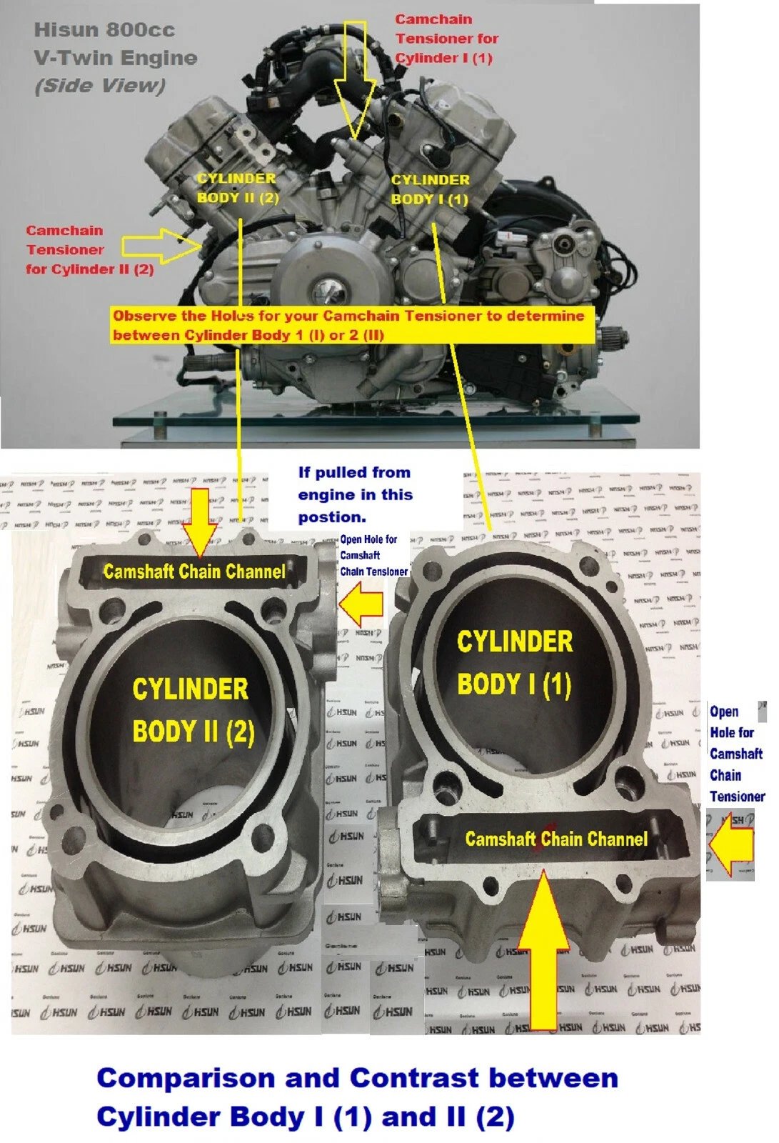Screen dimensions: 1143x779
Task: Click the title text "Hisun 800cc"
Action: [104, 30]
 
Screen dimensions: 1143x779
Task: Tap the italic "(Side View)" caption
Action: [99, 86]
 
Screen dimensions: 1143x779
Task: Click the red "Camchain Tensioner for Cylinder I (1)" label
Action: [446, 39]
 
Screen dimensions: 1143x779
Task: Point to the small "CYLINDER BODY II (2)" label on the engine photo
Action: [237, 188]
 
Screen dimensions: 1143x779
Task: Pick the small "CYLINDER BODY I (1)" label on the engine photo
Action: [430, 189]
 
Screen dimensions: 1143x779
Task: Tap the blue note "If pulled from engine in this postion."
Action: [355, 494]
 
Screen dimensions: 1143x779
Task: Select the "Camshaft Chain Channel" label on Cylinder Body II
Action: [194, 571]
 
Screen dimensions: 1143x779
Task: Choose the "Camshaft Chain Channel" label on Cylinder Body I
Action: [556, 839]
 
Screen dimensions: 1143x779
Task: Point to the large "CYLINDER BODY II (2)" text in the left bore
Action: [193, 711]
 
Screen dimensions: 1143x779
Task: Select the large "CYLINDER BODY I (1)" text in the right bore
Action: [515, 663]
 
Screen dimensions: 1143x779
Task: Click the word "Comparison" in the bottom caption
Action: [186, 1077]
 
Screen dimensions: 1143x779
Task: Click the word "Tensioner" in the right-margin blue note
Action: [737, 797]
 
